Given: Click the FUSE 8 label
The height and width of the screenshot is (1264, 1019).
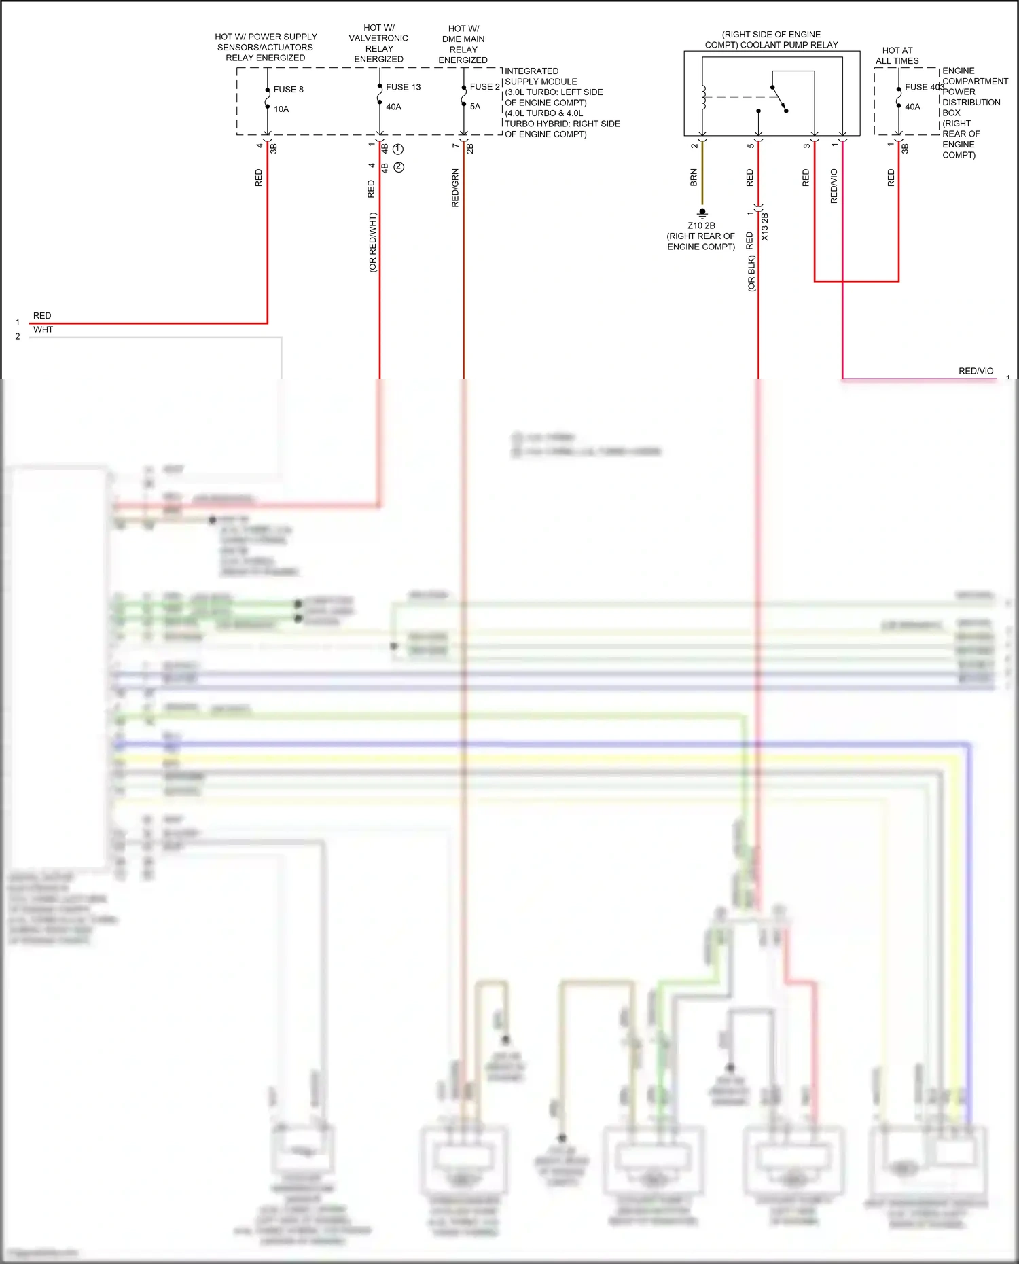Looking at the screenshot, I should point(288,90).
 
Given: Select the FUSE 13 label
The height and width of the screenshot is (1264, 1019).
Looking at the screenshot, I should point(403,87).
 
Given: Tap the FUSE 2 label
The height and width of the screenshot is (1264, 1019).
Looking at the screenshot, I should point(484,87).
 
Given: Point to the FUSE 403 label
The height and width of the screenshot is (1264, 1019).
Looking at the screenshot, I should point(924,87).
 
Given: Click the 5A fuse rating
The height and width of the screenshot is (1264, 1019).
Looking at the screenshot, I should point(475,107).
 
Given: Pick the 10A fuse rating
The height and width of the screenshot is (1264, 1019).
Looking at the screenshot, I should point(281,109).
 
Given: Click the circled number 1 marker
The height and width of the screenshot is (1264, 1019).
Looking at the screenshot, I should point(399,149).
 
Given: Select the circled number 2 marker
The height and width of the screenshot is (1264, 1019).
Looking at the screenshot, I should point(399,167).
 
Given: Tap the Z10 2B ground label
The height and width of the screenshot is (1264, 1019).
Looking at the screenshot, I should point(701,225).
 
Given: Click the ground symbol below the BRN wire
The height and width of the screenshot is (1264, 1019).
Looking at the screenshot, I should point(702,213).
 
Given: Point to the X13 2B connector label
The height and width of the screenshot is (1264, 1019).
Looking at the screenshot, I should point(764,227).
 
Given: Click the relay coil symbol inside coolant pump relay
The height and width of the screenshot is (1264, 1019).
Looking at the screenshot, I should point(703,97).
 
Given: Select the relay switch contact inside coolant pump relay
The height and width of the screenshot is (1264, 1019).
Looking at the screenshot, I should point(780,98).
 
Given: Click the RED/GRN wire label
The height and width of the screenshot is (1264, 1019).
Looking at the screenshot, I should point(455,188).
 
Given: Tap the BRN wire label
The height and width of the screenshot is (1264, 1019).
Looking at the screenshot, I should point(694,178).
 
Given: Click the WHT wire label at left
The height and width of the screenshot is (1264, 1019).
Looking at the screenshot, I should point(43,330).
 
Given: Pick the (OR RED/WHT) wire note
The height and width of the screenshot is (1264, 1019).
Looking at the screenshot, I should point(372,242).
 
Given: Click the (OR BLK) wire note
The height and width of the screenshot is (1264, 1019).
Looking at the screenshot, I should point(751,274).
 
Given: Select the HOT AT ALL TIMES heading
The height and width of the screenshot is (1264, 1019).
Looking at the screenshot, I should point(897,56).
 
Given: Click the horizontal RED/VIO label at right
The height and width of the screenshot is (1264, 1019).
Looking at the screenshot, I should point(976,371).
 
